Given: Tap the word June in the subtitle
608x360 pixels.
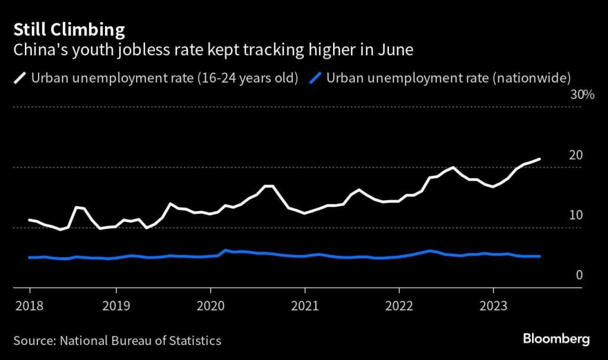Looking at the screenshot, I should click(394, 49).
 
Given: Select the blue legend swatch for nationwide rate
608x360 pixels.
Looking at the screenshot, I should click(316, 78).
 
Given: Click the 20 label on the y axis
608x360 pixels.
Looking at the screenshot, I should click(575, 155).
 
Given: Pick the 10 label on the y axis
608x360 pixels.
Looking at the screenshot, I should click(575, 215).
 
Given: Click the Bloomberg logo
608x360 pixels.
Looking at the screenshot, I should click(556, 339).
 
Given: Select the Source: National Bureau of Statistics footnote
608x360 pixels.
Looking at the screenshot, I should click(118, 340).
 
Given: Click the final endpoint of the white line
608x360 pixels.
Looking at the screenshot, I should click(540, 159).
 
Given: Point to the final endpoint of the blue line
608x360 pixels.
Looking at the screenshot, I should click(540, 256).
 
